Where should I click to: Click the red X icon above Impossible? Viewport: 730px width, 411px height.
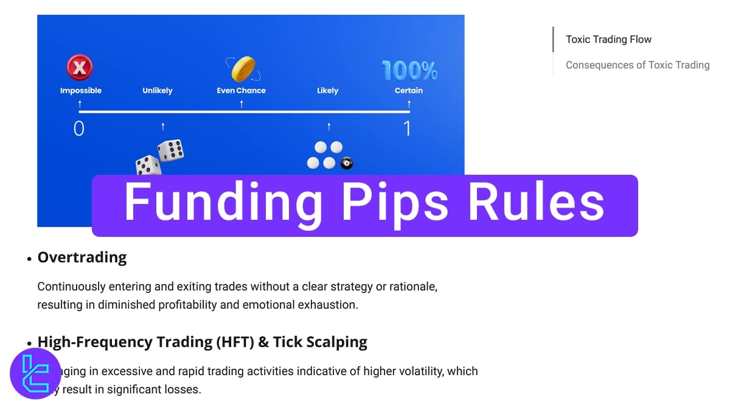79,68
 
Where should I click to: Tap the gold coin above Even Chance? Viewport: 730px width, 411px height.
243,69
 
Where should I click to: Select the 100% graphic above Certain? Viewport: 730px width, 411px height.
409,71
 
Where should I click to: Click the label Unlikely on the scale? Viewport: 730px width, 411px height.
158,91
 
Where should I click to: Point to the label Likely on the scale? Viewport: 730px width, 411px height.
327,91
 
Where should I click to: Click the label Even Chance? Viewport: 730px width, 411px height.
242,91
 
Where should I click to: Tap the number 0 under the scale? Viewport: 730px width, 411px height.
79,128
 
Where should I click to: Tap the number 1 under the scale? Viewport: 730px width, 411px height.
407,128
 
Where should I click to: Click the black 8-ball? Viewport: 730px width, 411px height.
347,163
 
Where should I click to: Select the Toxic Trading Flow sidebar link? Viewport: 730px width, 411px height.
608,40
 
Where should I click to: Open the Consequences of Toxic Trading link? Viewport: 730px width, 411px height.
638,65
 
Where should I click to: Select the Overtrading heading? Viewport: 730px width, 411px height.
82,258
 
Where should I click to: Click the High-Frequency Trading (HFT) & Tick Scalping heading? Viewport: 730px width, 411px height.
202,342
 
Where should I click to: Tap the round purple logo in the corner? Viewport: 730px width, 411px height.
35,373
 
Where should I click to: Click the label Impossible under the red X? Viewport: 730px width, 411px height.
81,91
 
